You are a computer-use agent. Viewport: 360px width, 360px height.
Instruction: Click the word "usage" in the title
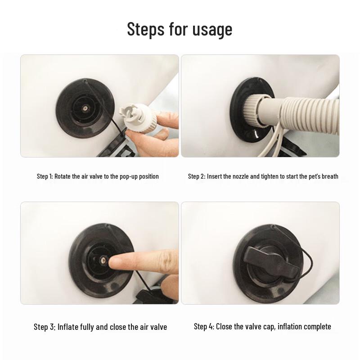tap(212, 29)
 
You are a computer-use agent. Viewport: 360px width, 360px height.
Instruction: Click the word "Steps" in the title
tap(146, 29)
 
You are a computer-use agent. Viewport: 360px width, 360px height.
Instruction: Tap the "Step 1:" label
tap(45, 176)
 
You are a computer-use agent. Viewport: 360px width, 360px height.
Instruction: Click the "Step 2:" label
tap(197, 176)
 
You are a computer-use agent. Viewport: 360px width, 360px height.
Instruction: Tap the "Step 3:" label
tap(45, 327)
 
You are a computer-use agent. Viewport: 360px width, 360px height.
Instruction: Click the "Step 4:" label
tap(204, 326)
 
